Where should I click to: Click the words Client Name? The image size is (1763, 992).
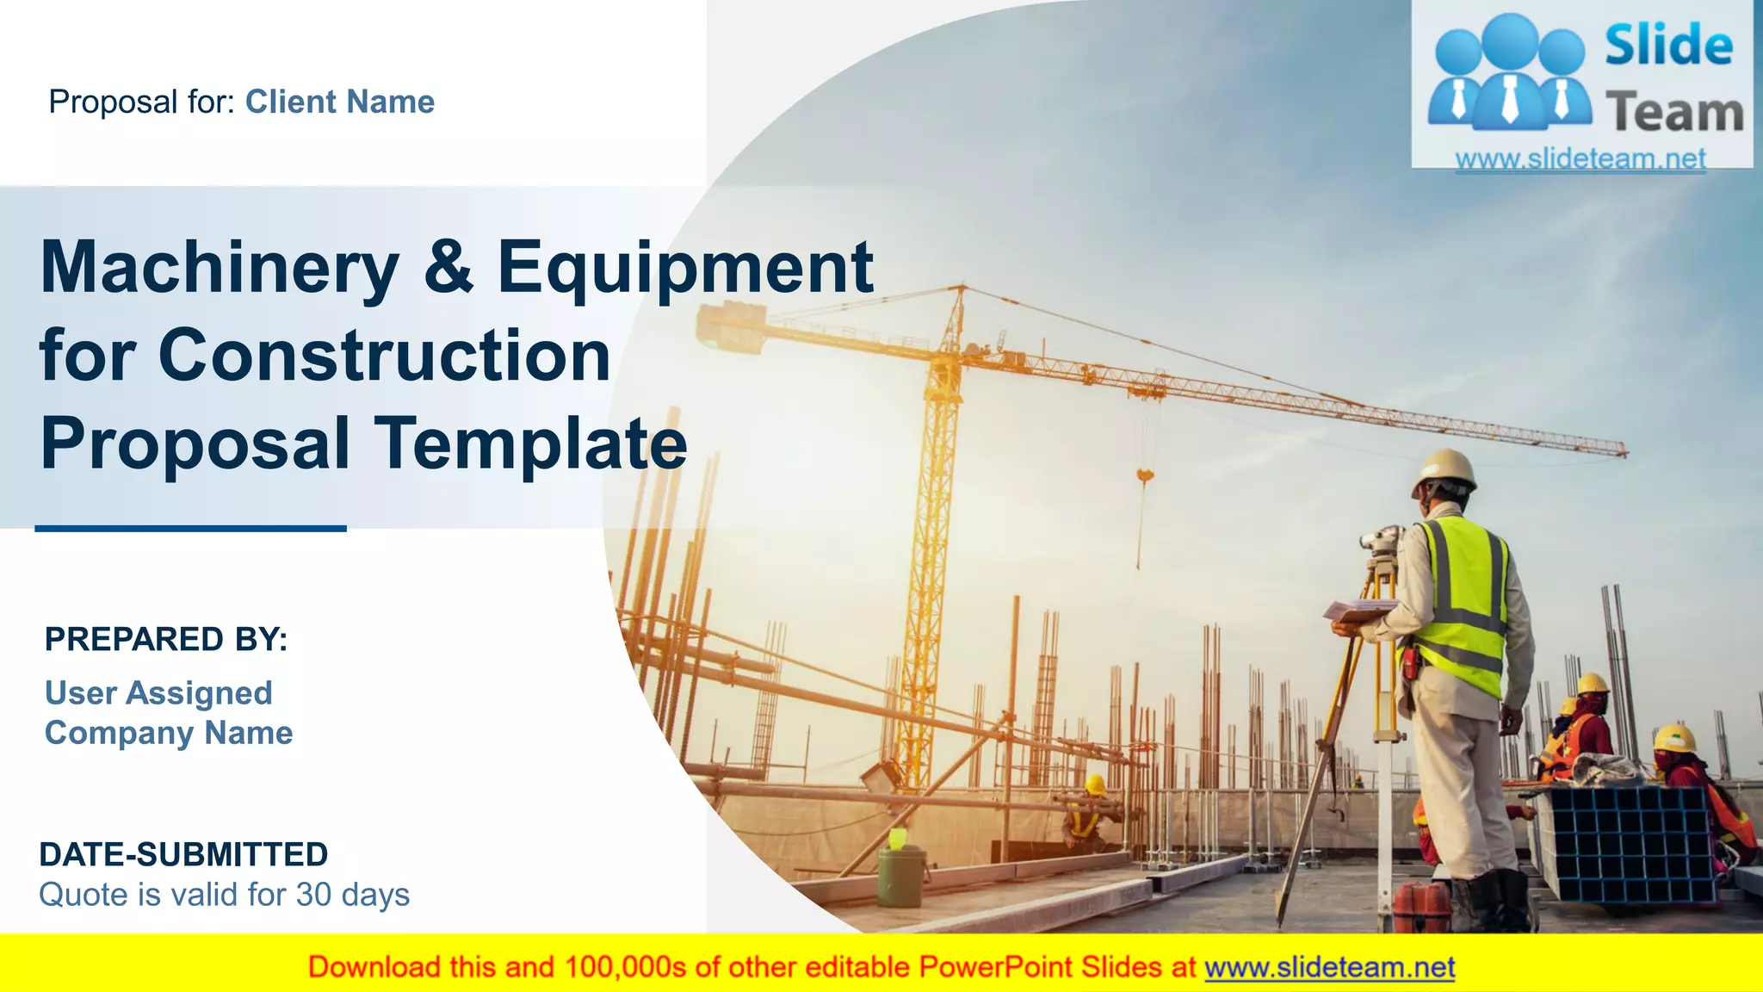(x=340, y=102)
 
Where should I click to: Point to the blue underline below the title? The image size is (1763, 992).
(x=190, y=529)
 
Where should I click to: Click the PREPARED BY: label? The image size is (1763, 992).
(x=166, y=640)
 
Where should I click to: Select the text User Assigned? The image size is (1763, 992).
(x=158, y=693)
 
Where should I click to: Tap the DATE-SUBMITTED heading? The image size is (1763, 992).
(x=183, y=854)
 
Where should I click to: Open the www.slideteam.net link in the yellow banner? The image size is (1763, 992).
(x=1329, y=967)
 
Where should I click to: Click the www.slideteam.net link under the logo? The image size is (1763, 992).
(x=1580, y=158)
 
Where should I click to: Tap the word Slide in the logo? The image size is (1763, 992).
(x=1668, y=45)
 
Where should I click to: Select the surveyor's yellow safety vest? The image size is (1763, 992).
(x=1463, y=603)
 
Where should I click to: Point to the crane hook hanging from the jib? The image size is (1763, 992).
(x=1145, y=475)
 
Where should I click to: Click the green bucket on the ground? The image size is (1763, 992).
(x=901, y=874)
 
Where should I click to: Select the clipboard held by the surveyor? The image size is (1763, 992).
(x=1358, y=611)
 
